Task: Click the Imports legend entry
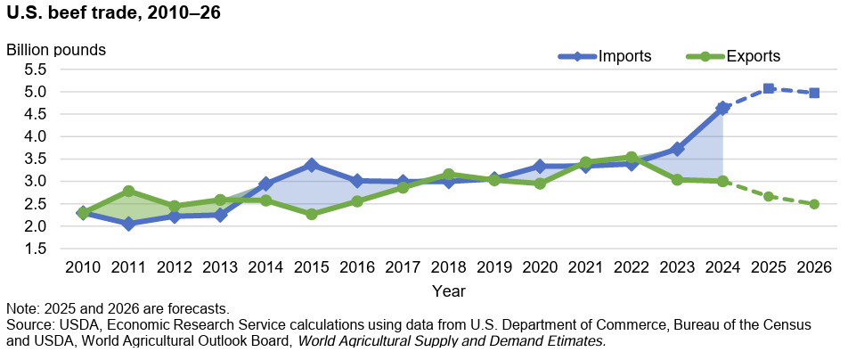coord(624,56)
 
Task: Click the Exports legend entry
coord(753,56)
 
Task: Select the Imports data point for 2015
coord(311,165)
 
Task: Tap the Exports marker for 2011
coord(128,191)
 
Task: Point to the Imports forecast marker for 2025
coord(768,88)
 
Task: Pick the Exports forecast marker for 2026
coord(814,204)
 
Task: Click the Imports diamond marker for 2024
coord(722,108)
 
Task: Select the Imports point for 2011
coord(128,224)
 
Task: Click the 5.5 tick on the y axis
coord(35,70)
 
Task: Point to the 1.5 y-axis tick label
coord(35,249)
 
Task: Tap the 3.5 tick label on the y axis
coord(35,159)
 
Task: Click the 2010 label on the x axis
coord(82,266)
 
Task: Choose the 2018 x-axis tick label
coord(448,266)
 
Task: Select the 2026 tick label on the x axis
coord(814,266)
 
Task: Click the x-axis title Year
coord(448,290)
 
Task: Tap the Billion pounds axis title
coord(56,49)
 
